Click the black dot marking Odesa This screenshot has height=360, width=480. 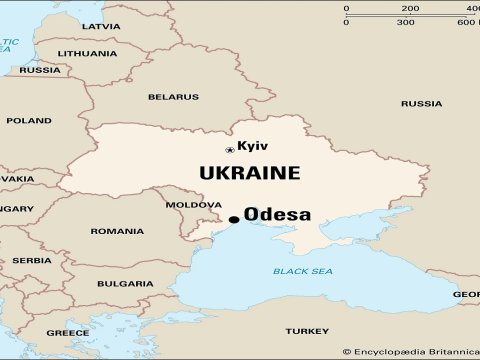click(234, 219)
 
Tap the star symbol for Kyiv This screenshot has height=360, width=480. click(230, 150)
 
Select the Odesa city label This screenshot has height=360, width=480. click(277, 215)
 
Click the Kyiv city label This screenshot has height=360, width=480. click(253, 146)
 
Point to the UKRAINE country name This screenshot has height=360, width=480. click(249, 173)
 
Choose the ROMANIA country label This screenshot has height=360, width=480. click(117, 231)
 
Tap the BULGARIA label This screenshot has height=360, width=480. click(125, 284)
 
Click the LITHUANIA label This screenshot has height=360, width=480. click(87, 52)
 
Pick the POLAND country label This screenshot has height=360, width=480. click(29, 121)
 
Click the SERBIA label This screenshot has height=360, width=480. click(32, 260)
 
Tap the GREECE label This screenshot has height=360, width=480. click(68, 332)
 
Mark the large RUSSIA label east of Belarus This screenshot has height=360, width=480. click(421, 104)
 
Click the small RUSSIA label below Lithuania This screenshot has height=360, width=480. click(40, 70)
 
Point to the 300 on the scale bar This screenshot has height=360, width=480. click(406, 22)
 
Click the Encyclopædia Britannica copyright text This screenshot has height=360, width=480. click(409, 351)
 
